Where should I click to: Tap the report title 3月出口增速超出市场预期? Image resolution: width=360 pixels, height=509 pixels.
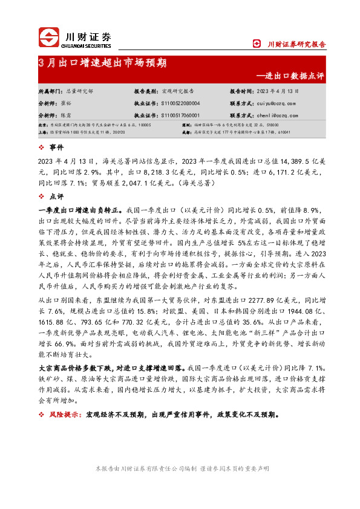click(x=103, y=63)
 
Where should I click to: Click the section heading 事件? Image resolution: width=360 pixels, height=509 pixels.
click(x=56, y=147)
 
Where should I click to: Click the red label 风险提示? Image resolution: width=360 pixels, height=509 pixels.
click(x=64, y=415)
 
